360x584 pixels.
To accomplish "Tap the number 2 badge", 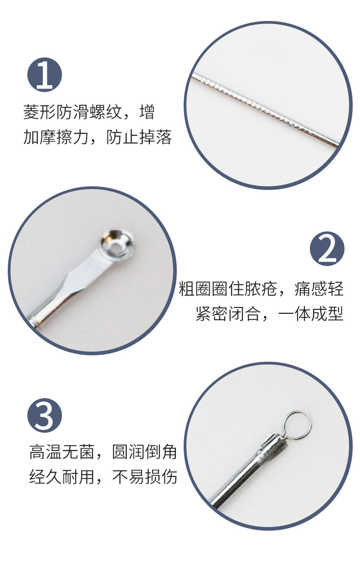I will (327, 249).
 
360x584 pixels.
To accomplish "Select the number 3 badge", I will (45, 415).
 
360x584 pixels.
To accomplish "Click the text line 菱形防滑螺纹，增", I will (89, 112).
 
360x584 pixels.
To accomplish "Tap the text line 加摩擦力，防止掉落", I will (98, 137).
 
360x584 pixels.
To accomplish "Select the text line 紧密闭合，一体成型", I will (269, 314).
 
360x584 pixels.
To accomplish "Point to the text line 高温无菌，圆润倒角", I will (103, 452).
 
